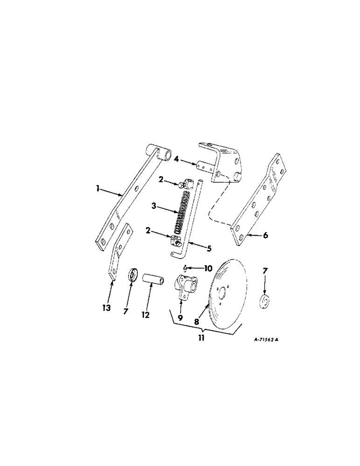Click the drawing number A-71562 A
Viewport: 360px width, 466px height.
(266, 340)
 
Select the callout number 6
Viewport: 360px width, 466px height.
(265, 236)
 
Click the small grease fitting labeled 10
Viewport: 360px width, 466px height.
(186, 267)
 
